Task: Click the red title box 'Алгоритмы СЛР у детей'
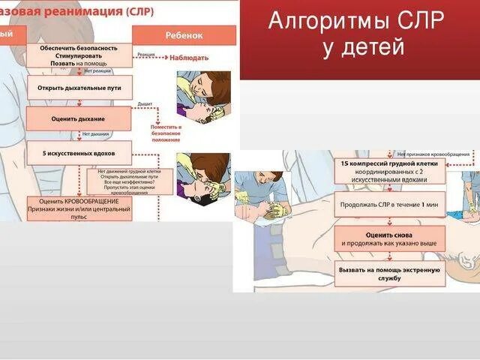click(x=359, y=39)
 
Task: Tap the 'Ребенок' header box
click(x=184, y=35)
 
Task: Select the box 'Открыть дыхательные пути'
click(x=79, y=87)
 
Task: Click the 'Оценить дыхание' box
click(x=79, y=118)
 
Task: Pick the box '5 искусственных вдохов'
click(x=79, y=152)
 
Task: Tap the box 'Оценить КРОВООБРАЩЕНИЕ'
click(x=79, y=208)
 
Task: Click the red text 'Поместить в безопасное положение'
click(x=171, y=133)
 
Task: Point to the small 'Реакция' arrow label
click(x=145, y=54)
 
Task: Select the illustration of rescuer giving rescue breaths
click(x=203, y=176)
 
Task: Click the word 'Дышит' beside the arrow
click(x=145, y=104)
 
